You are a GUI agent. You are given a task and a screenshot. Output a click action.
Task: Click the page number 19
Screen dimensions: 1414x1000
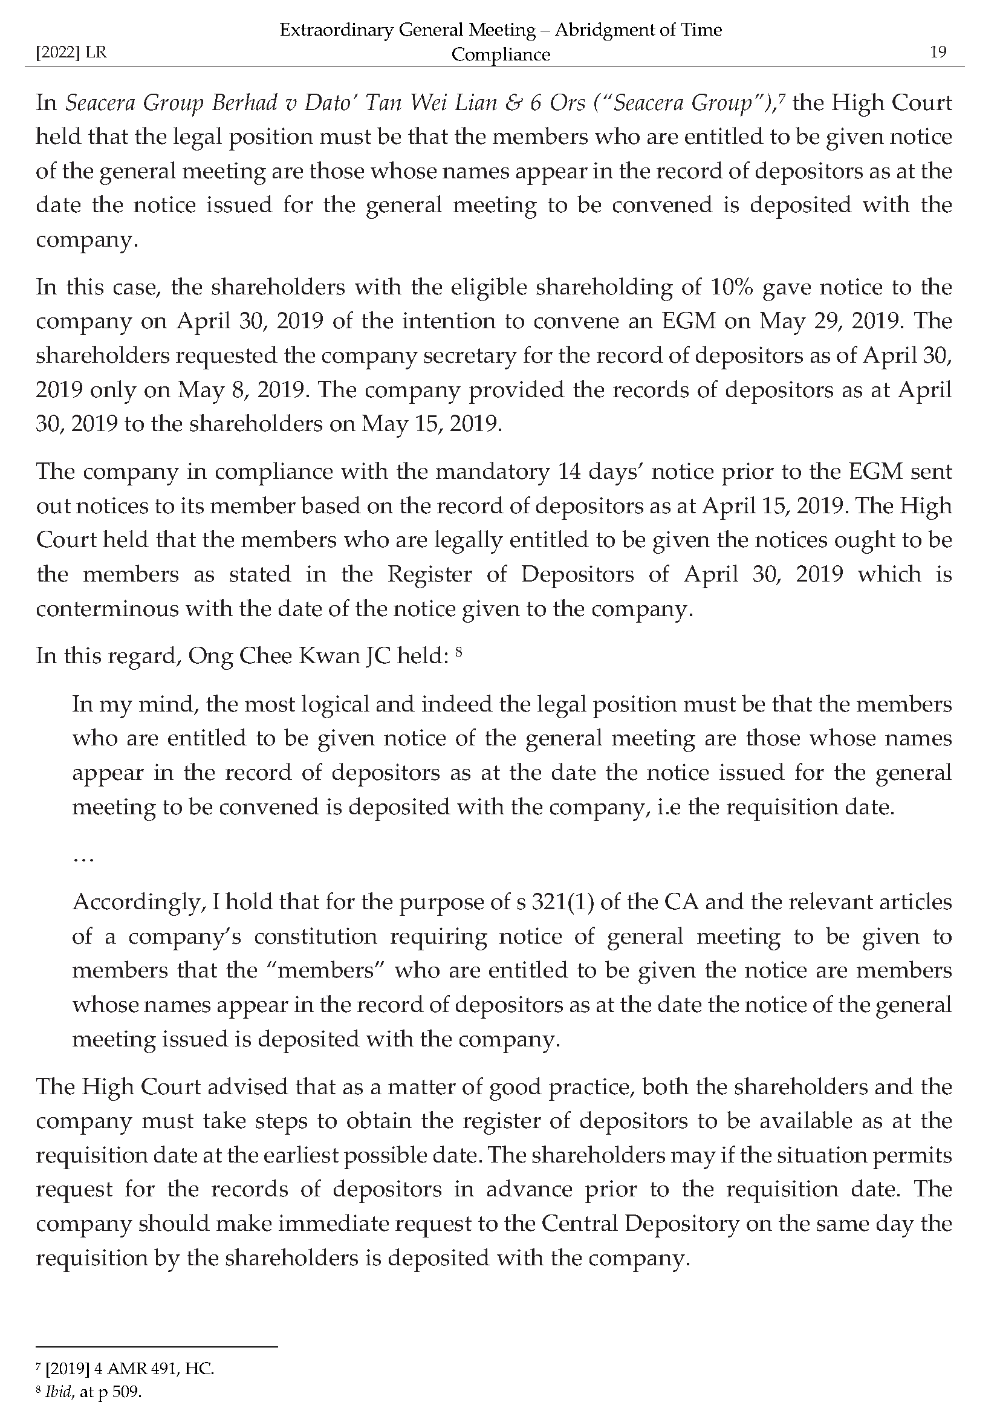[x=938, y=52]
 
